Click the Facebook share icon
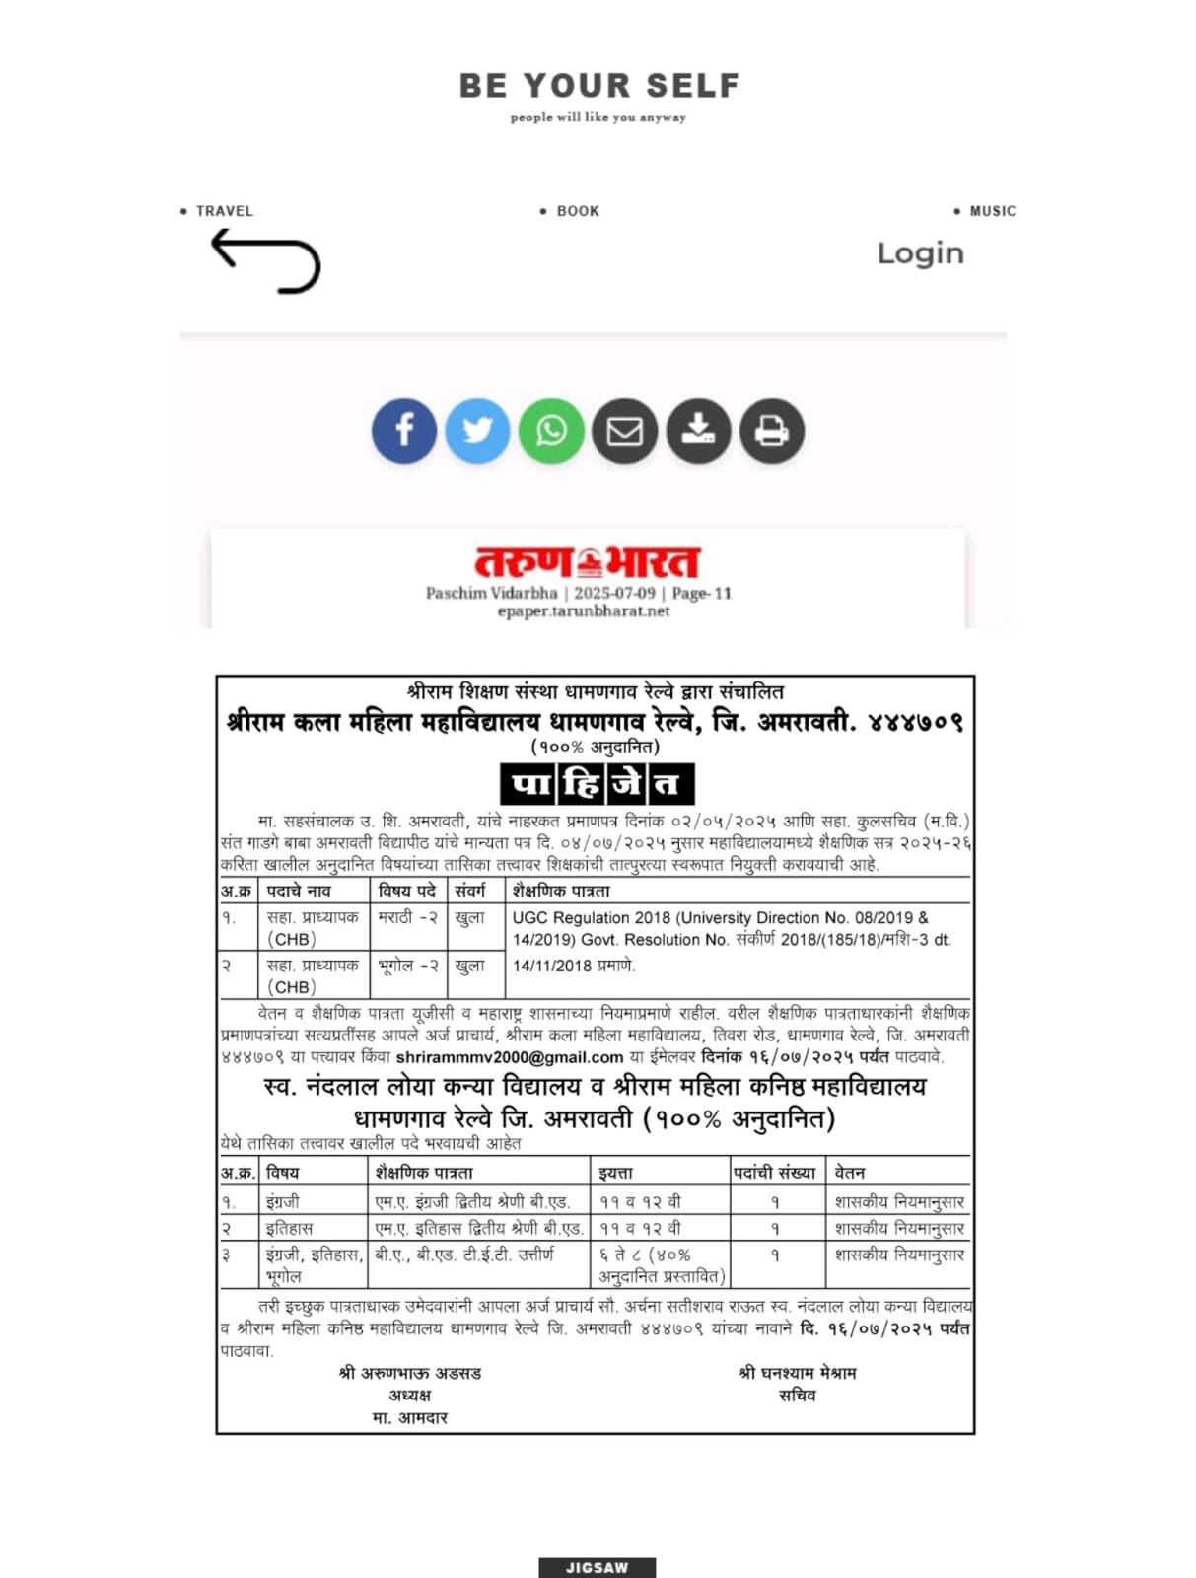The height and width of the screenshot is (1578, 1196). [404, 431]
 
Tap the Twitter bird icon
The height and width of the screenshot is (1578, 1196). [477, 431]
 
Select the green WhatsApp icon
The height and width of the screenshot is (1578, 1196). [551, 431]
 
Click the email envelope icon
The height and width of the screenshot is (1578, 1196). [624, 431]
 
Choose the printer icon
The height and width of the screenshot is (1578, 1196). [772, 431]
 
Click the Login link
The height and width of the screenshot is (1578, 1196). [920, 253]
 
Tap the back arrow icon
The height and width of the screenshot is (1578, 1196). [265, 261]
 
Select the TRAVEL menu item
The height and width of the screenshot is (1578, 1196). [224, 211]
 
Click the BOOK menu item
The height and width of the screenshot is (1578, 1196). [577, 211]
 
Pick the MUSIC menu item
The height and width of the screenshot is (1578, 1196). [992, 211]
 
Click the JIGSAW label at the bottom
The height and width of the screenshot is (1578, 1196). [597, 1567]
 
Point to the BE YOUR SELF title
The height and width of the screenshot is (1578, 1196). [598, 86]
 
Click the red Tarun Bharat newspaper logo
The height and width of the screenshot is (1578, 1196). [588, 562]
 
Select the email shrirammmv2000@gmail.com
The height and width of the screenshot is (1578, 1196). [510, 1057]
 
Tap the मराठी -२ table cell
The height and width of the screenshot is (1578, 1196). [408, 917]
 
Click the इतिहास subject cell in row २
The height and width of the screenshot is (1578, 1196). [290, 1229]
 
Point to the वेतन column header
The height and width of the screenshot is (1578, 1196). [850, 1173]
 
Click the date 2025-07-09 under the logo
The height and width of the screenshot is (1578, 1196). [614, 593]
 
